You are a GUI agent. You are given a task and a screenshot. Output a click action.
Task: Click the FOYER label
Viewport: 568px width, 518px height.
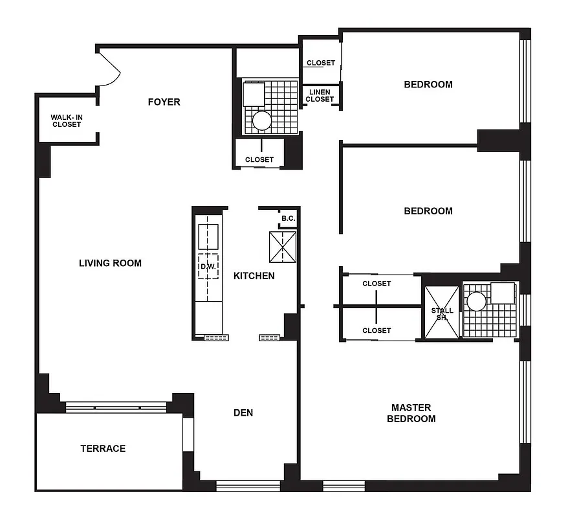point(164,102)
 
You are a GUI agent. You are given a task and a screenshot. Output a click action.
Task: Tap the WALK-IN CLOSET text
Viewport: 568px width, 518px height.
point(67,120)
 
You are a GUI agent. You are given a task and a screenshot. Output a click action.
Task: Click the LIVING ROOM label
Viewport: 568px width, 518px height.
point(110,263)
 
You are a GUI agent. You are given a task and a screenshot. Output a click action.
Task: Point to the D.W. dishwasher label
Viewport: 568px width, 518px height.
point(207,266)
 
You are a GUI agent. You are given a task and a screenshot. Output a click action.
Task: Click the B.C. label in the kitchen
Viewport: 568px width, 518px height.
point(288,218)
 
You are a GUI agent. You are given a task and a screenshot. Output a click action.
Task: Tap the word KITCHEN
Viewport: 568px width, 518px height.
point(254,276)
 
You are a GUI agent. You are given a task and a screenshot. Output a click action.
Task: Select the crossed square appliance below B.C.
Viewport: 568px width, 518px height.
point(282,247)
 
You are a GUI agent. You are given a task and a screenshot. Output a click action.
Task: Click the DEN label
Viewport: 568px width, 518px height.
point(243,412)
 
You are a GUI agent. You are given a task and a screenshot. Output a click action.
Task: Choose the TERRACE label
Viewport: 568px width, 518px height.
point(103,448)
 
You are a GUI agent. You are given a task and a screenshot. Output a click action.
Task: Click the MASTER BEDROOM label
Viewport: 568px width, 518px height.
point(411,412)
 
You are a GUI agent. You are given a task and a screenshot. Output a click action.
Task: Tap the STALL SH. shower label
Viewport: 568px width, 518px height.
point(442,314)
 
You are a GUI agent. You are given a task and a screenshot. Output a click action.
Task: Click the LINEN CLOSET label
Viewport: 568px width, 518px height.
point(320,96)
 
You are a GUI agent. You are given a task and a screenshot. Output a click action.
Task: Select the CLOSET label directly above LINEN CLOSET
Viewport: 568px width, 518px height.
point(321,63)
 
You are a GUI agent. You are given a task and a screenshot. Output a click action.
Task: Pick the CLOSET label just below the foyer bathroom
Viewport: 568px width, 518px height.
point(259,159)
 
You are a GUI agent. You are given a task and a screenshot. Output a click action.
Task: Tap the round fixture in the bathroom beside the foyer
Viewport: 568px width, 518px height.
point(263,120)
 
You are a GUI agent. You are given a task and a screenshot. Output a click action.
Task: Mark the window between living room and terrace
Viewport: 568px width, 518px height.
point(116,407)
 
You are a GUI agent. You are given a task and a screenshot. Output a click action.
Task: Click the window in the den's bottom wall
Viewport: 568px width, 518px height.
point(248,486)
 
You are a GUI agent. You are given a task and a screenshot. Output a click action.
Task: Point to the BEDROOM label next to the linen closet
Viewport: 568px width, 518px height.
point(428,84)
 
